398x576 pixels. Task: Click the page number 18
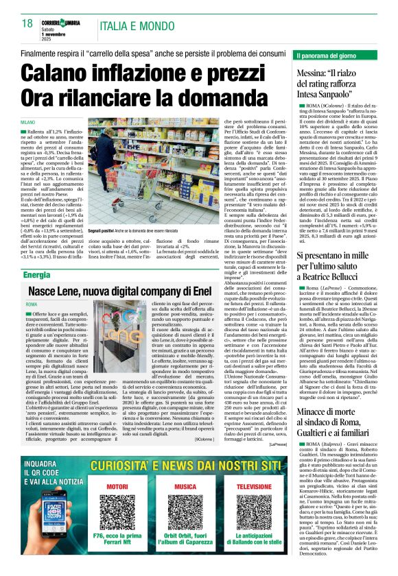(x=27, y=23)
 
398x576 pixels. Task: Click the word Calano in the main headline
(x=65, y=73)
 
